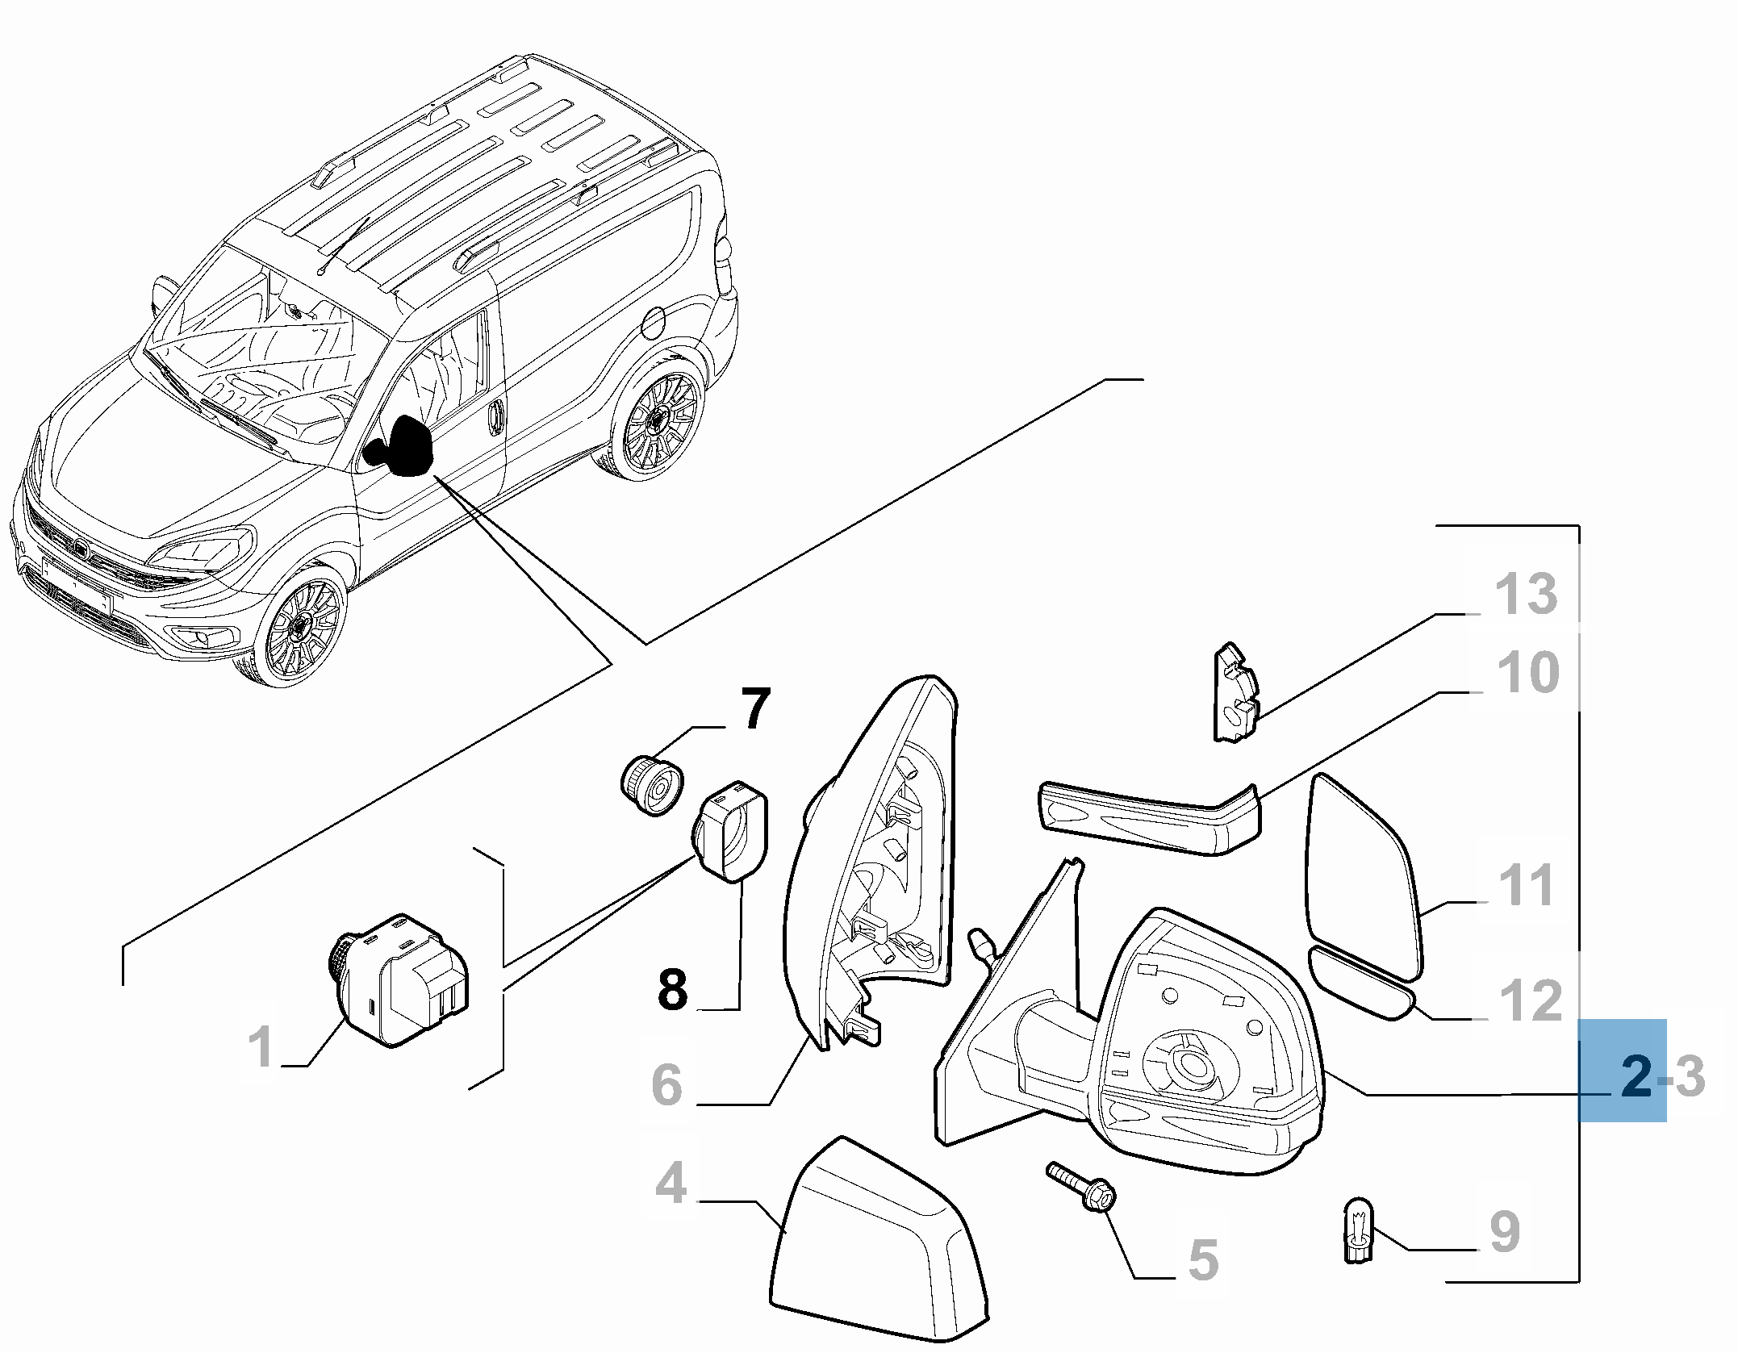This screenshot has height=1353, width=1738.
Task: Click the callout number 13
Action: [1525, 595]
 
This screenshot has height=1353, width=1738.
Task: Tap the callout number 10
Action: [1527, 672]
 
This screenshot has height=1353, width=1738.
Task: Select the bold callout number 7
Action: [754, 708]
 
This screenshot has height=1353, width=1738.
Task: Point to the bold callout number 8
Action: [672, 989]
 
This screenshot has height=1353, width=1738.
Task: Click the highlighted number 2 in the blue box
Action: [1636, 1076]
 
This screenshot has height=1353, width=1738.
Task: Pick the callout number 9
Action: [1504, 1232]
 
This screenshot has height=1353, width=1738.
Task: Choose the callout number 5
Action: [1202, 1259]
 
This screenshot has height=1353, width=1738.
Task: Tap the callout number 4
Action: [671, 1184]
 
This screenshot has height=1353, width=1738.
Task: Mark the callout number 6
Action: [666, 1084]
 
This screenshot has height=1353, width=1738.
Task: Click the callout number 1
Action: [261, 1046]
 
